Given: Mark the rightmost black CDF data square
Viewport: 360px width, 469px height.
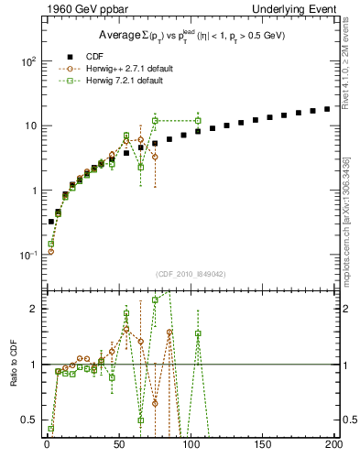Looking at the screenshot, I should tap(327, 108).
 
